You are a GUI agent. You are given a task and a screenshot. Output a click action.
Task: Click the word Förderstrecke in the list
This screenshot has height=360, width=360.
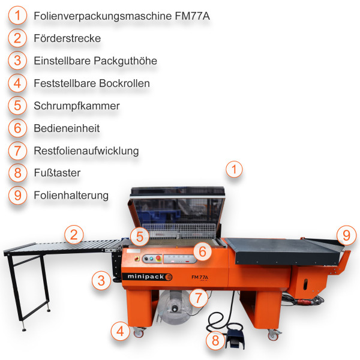[67, 38]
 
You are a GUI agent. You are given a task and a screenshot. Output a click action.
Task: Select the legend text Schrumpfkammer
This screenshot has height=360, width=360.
[77, 106]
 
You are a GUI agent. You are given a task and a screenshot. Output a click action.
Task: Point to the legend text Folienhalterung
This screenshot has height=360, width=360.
[71, 195]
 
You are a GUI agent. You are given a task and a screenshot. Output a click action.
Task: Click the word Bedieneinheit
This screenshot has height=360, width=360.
[67, 128]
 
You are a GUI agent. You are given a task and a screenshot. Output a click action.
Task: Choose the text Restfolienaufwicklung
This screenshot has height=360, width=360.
[86, 151]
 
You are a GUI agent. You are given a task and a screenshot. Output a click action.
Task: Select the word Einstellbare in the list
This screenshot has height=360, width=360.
[62, 61]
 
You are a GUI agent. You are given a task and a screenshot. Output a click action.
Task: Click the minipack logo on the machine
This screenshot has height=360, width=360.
[149, 277]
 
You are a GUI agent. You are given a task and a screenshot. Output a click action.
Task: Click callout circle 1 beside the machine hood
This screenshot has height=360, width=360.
[234, 170]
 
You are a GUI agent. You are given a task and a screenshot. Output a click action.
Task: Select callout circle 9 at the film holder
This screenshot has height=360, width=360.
[346, 235]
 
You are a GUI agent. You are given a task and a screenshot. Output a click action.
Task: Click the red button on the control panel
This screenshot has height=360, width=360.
[158, 259]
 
